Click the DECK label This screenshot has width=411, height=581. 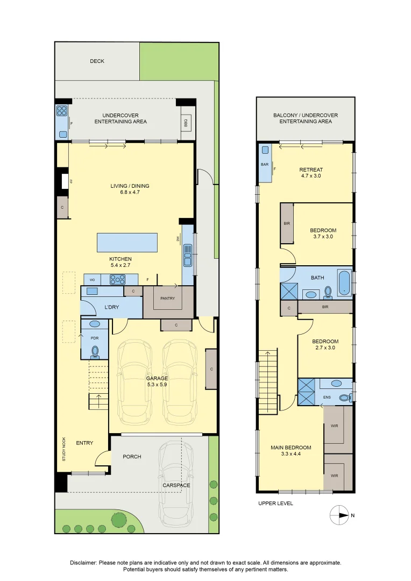click(x=97, y=61)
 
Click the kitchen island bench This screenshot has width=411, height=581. click(x=127, y=243)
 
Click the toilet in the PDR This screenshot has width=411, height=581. click(x=95, y=351)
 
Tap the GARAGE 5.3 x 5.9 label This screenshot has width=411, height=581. click(x=158, y=381)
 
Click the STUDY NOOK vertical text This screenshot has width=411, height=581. click(x=64, y=449)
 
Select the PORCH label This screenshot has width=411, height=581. click(x=132, y=457)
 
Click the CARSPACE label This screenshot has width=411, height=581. click(x=176, y=485)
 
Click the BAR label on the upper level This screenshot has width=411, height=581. click(x=265, y=165)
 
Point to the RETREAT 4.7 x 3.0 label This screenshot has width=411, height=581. click(x=311, y=173)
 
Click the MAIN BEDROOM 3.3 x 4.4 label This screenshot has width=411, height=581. click(x=290, y=450)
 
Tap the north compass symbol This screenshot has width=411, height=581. click(x=339, y=515)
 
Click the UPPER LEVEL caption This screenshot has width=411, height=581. click(x=275, y=504)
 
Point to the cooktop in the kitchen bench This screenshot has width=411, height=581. click(x=117, y=279)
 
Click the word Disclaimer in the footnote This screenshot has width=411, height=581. click(x=83, y=563)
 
